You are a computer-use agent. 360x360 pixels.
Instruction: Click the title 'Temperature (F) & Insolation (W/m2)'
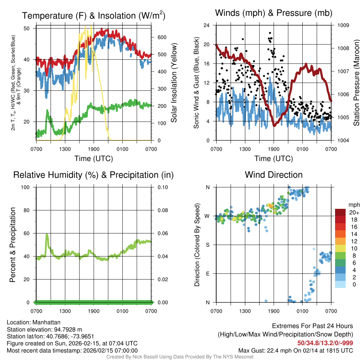point(94,15)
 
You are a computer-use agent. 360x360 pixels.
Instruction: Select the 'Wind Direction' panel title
point(274,175)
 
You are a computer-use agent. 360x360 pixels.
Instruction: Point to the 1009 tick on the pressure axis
point(343,25)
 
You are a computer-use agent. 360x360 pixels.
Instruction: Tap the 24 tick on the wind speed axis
point(207,25)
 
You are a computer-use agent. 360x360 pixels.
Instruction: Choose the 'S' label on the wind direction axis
point(207,245)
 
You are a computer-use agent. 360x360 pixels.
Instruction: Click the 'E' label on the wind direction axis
point(207,274)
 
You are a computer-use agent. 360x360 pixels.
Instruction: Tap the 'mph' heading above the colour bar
point(353,205)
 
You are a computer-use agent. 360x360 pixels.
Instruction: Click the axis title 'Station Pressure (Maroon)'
point(356,83)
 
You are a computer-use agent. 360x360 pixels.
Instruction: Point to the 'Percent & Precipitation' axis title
point(13,245)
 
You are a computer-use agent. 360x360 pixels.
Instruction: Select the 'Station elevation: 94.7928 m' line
point(44,329)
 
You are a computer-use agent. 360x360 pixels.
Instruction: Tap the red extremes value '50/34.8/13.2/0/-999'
point(325,343)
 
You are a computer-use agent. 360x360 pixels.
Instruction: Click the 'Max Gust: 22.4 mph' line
point(296,350)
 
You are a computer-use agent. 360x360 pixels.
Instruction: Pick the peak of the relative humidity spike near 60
point(47,234)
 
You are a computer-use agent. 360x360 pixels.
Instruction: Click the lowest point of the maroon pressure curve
point(274,126)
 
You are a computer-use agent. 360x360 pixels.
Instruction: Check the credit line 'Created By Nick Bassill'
point(180,357)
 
